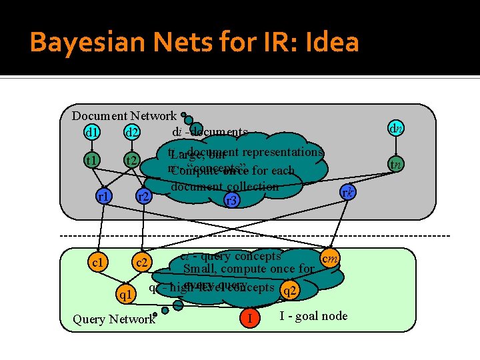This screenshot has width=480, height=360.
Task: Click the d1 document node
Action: (x=92, y=132)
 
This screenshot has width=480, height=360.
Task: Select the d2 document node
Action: (x=131, y=132)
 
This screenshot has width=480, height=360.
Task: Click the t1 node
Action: (x=91, y=160)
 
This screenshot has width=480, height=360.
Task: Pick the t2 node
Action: (x=131, y=161)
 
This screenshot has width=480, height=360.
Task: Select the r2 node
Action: (x=142, y=197)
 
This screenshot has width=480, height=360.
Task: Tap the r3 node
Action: (x=231, y=199)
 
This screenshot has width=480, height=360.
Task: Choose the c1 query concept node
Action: (x=98, y=262)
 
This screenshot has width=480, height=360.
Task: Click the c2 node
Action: (x=141, y=263)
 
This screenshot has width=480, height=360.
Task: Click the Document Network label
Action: (x=124, y=116)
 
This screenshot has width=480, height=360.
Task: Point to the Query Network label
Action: (x=113, y=319)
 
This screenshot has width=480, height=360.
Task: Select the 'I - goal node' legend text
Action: (x=313, y=315)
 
